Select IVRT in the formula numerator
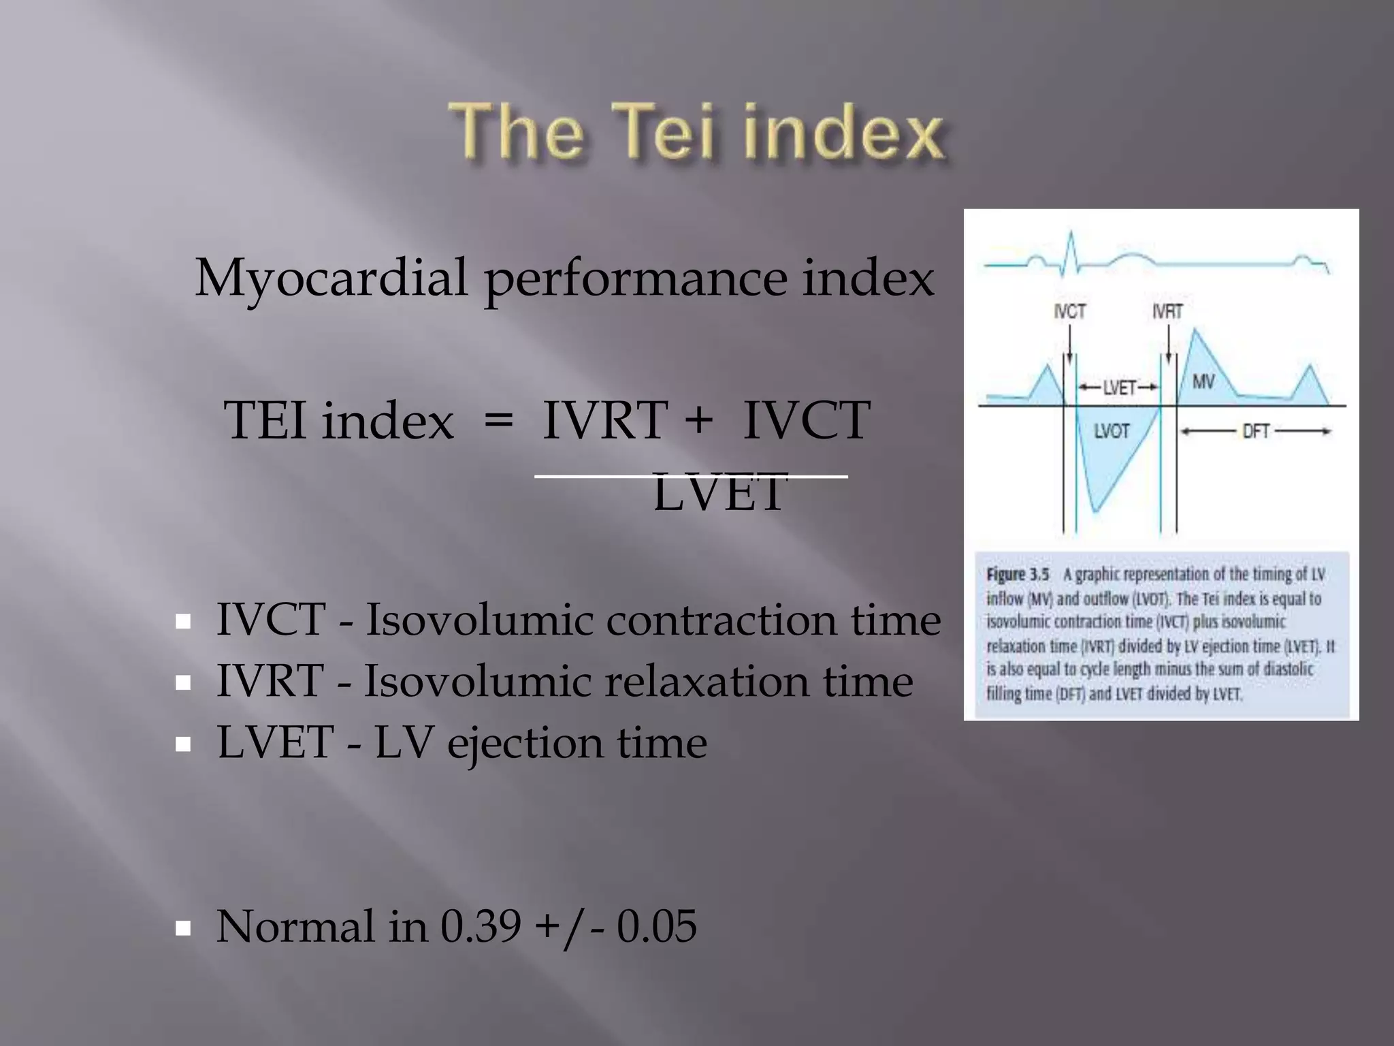604,420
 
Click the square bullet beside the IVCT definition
182,621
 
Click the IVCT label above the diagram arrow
1069,312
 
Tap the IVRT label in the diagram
1167,312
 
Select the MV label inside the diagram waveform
1203,381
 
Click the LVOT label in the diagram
1112,431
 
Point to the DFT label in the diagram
1256,431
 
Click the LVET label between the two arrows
1119,387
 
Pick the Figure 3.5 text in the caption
1018,574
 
